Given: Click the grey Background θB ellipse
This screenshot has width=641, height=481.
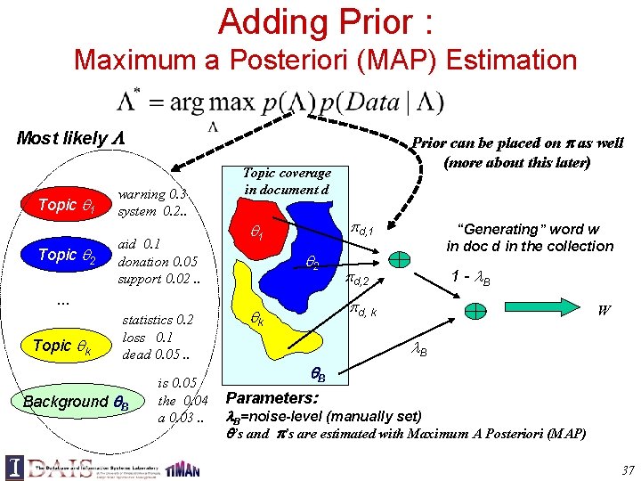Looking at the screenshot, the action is point(77,401).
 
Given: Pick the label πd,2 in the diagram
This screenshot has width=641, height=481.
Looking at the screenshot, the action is point(361,281).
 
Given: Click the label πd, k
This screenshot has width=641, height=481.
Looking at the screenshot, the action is point(363,309).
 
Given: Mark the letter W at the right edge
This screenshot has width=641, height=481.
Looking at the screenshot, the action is point(604,311).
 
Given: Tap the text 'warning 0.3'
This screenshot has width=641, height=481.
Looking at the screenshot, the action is point(153,194).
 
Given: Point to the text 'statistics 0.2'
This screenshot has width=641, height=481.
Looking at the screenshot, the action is point(158,320).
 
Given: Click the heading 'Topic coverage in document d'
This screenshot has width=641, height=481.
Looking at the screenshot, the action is point(287,181).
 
